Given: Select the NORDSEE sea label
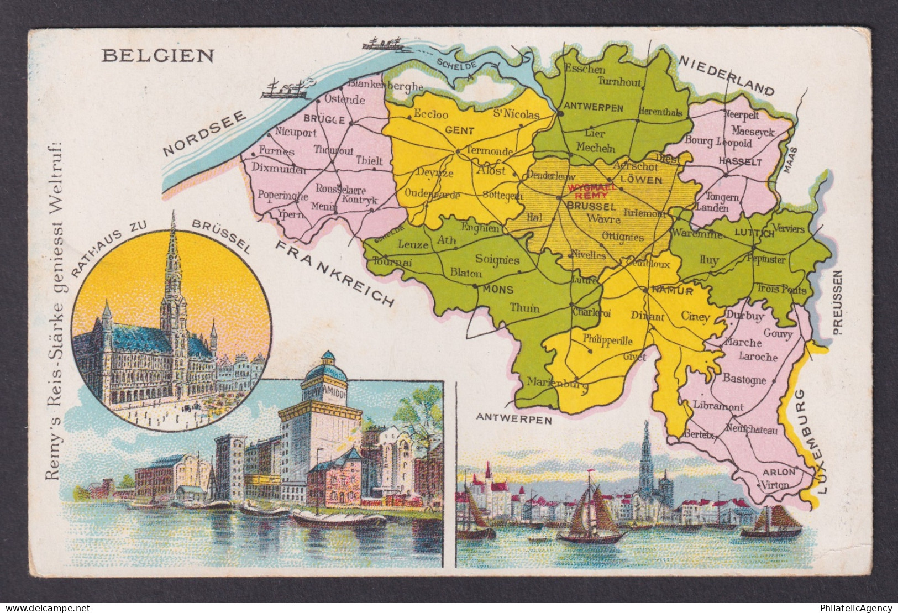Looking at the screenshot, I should [x=204, y=133].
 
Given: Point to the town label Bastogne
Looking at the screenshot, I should [x=744, y=380].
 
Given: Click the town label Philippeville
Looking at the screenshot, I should [x=607, y=340].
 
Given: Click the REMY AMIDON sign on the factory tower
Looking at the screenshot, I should [x=325, y=390].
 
